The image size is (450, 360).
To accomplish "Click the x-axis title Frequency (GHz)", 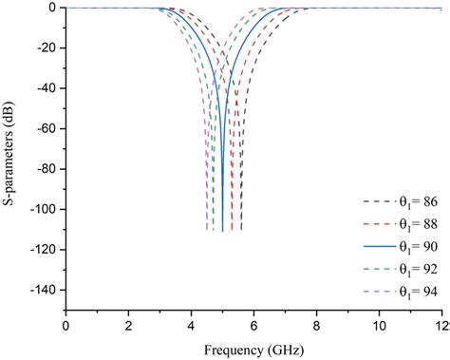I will tap(255, 350).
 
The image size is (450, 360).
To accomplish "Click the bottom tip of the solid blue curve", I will tap(222, 230).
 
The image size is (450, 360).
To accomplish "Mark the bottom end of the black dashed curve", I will tap(241, 230).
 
